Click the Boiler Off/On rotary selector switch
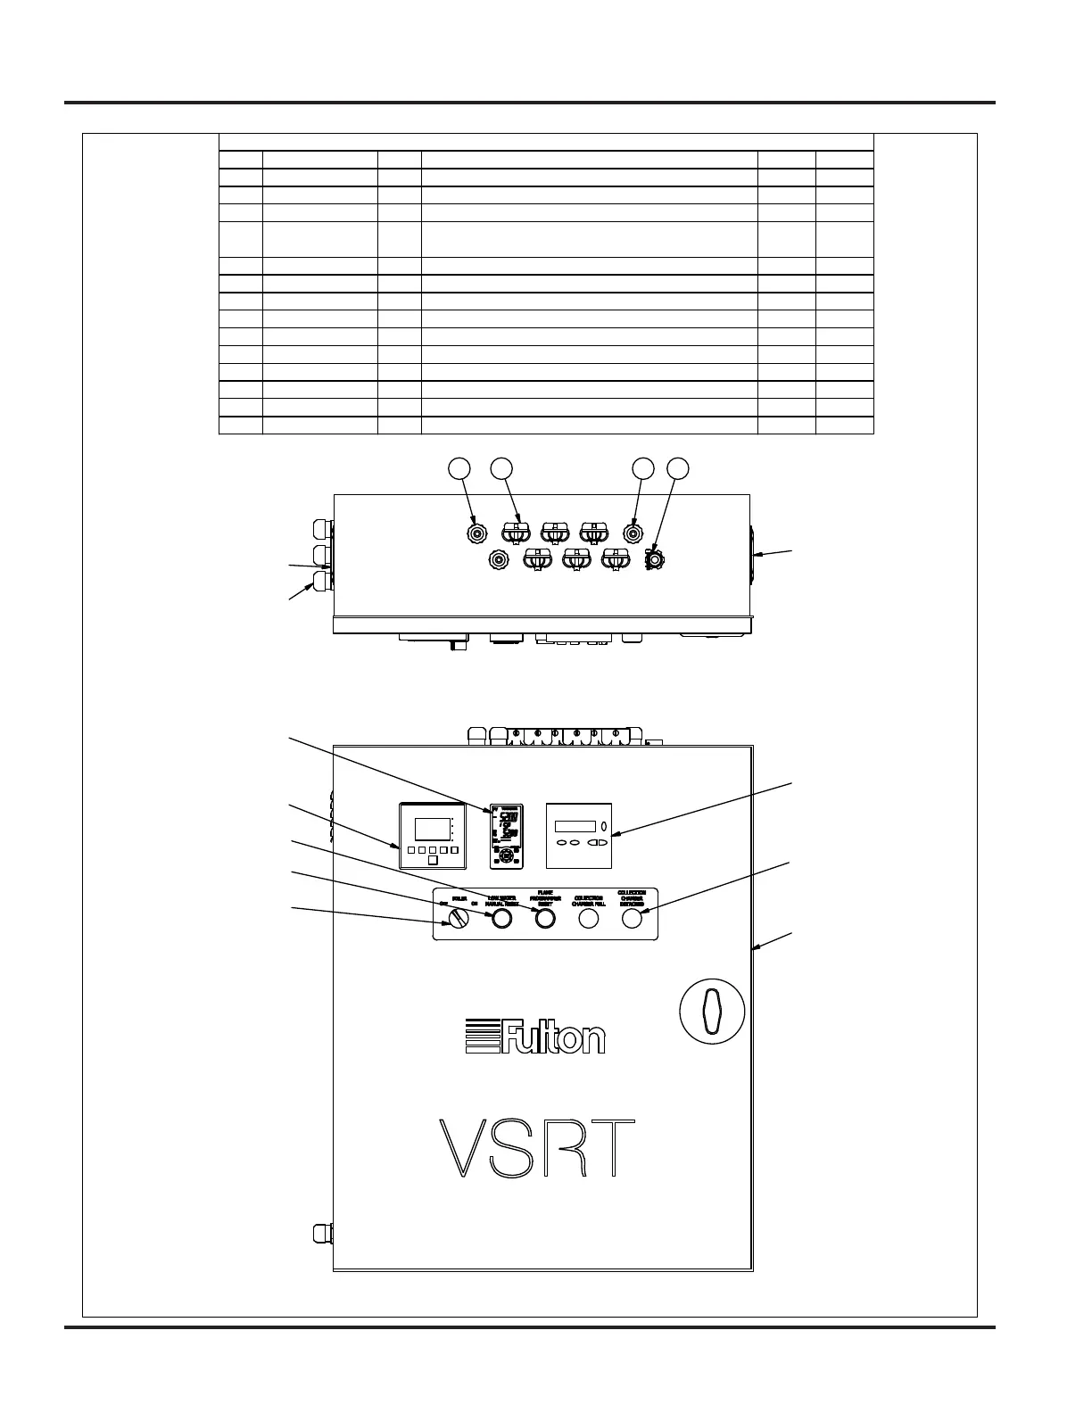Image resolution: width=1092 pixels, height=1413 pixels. pyautogui.click(x=458, y=918)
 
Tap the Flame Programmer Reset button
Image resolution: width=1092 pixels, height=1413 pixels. pyautogui.click(x=544, y=918)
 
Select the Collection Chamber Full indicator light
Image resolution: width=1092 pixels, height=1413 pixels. pyautogui.click(x=589, y=918)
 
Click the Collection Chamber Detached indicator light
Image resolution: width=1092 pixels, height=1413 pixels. pyautogui.click(x=632, y=918)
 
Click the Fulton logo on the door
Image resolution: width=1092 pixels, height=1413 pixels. pyautogui.click(x=535, y=1037)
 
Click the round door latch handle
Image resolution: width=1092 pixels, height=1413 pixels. pyautogui.click(x=712, y=1012)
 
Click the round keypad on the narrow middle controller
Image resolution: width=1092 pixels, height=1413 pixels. pyautogui.click(x=507, y=854)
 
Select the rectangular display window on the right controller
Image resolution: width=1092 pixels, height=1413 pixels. pyautogui.click(x=575, y=826)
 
